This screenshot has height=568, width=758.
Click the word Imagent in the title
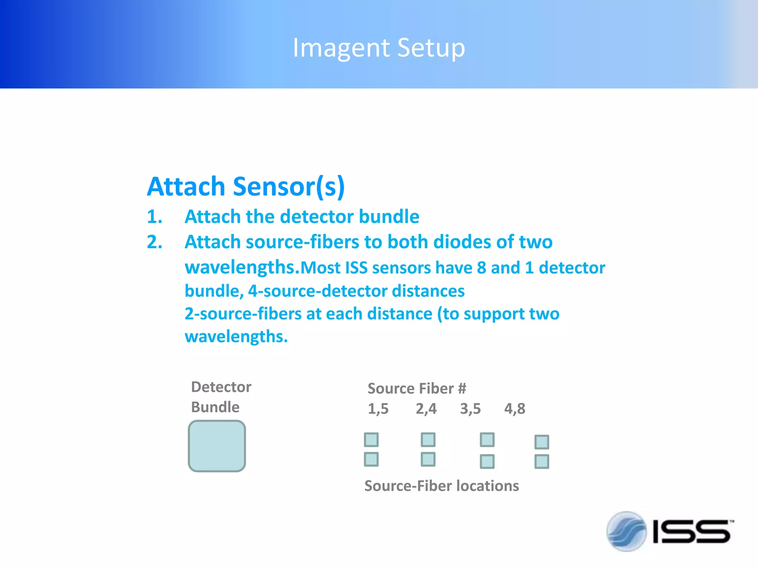tap(341, 48)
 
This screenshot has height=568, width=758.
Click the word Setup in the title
tap(431, 48)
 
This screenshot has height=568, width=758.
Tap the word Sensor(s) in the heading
tap(289, 186)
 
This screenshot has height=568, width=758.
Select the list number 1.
tap(154, 217)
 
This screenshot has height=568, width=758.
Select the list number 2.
tap(154, 242)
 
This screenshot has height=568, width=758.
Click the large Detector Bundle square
tap(217, 446)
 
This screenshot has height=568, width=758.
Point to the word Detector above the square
tap(221, 387)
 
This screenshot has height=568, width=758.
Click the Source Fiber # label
tap(417, 389)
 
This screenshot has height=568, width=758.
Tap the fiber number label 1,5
tap(378, 409)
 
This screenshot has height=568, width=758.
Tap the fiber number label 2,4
tap(426, 409)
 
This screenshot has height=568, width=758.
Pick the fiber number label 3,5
tap(470, 409)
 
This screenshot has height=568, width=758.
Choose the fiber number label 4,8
tap(514, 409)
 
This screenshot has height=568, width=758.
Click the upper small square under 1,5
tap(371, 440)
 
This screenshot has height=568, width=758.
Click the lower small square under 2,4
tap(428, 459)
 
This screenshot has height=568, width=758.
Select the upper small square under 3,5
tap(487, 440)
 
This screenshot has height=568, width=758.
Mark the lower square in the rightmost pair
tap(542, 461)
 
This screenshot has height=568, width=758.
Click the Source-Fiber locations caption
tap(442, 486)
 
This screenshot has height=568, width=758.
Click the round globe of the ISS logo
tap(626, 531)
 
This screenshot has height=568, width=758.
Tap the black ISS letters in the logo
tap(691, 532)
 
